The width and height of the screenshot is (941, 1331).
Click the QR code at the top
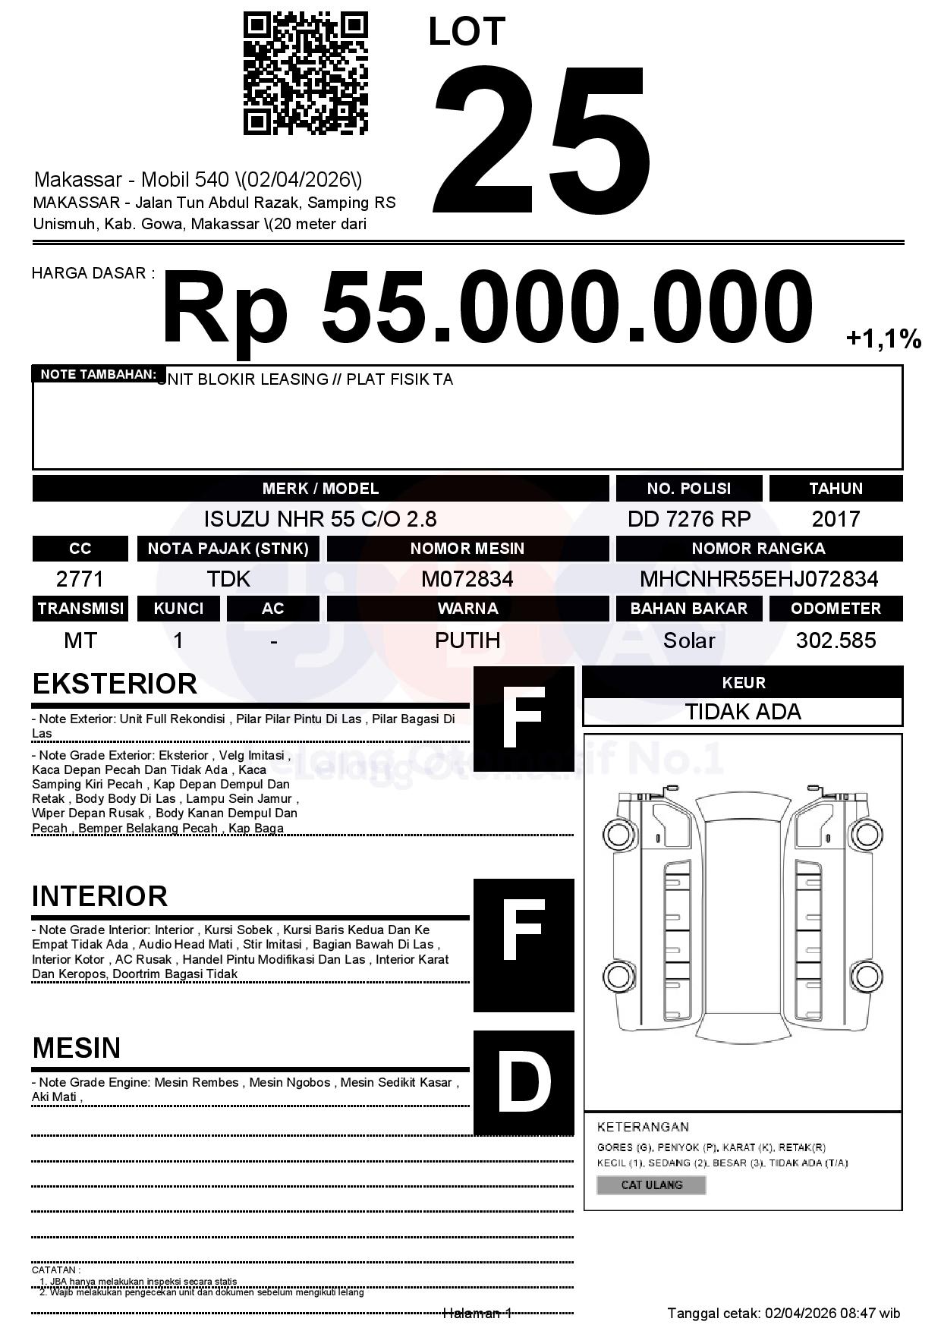point(305,74)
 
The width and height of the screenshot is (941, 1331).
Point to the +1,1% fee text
point(883,338)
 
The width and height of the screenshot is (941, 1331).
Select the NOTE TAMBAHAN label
point(98,374)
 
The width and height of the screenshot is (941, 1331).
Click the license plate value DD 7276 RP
point(688,519)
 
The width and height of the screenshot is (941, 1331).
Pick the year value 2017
point(836,519)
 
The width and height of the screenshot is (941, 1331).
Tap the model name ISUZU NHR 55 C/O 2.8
point(320,519)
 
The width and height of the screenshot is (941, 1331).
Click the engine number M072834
point(467,579)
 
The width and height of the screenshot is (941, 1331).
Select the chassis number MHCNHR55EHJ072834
point(759,579)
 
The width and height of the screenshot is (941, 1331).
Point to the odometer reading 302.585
point(836,640)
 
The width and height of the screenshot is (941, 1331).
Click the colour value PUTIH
point(467,640)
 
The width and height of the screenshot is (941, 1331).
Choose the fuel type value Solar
point(688,640)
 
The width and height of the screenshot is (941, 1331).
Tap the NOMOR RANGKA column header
point(759,549)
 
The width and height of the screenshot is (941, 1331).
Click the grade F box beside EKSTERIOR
point(524,718)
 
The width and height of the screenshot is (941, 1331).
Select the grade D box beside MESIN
point(524,1082)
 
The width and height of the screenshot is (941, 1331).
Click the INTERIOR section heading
point(99,896)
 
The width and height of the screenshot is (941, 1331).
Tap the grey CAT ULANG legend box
point(651,1185)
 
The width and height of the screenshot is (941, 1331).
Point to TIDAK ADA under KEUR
point(743,712)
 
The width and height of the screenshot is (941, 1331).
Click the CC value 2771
point(80,579)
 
